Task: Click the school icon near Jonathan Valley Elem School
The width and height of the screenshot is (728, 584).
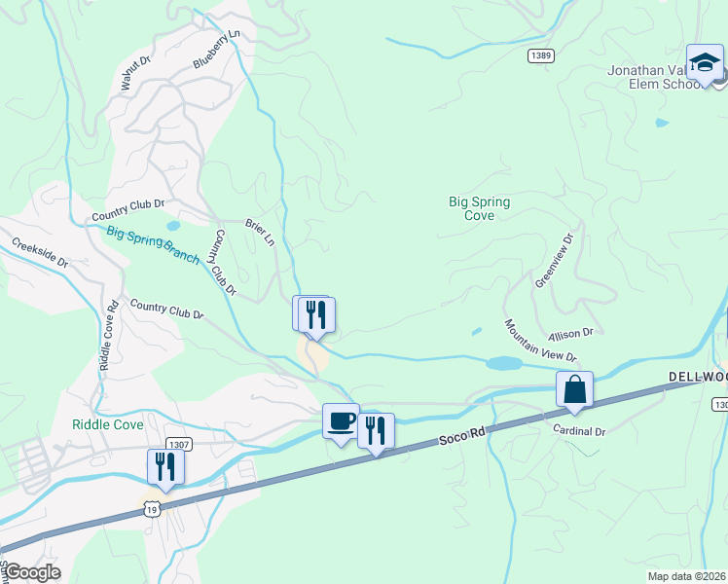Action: coord(704,63)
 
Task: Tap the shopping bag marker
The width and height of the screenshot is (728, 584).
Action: coord(574,389)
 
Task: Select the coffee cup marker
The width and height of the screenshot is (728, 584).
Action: coord(341,421)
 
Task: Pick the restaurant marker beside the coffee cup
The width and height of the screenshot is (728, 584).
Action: coord(376,430)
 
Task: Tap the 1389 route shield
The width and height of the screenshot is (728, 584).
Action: coord(541,56)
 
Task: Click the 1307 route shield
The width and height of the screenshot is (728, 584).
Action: coord(179,444)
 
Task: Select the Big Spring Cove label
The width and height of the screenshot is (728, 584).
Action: coord(479,208)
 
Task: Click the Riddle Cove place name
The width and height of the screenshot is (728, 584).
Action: coord(108,424)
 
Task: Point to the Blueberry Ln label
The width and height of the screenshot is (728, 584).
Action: coord(215,49)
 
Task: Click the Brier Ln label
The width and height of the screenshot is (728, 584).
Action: coord(261,232)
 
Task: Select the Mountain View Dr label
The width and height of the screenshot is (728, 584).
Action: coord(540,341)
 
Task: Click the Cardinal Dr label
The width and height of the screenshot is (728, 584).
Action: coord(579,430)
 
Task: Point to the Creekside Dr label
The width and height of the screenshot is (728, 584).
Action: coord(40,250)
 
